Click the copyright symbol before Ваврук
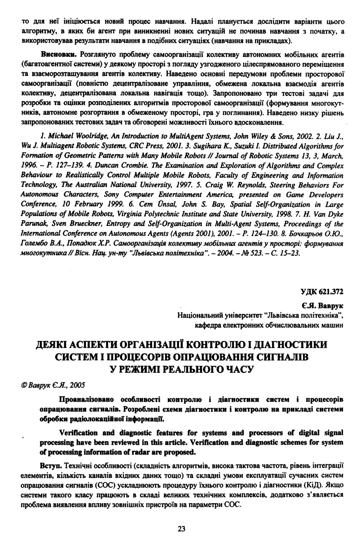23,385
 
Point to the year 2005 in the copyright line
76,385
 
